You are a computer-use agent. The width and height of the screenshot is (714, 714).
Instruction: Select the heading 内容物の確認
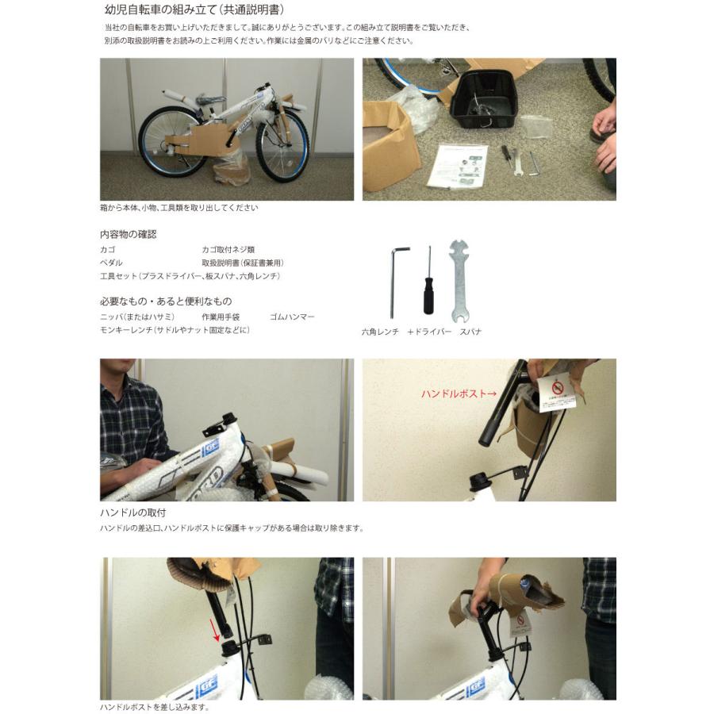(x=128, y=235)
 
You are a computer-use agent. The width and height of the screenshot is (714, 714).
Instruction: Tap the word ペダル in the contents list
(x=111, y=263)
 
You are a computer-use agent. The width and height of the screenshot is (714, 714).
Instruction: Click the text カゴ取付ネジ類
(x=228, y=250)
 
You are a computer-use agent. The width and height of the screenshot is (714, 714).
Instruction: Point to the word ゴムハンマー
(x=292, y=317)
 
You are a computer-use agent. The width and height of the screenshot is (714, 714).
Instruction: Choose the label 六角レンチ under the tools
(x=380, y=332)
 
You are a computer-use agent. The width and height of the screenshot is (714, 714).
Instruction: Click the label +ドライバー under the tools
(x=429, y=332)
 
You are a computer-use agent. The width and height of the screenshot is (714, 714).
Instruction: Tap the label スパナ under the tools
(x=470, y=332)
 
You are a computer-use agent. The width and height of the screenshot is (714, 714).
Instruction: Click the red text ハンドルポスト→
(x=459, y=393)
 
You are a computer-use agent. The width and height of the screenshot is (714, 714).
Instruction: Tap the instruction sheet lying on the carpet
(x=457, y=165)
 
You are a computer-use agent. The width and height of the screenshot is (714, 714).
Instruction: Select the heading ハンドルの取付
(x=133, y=512)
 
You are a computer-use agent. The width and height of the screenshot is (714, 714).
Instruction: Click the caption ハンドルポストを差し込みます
(x=155, y=707)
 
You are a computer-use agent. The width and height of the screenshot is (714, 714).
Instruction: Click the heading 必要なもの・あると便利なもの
(x=166, y=301)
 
